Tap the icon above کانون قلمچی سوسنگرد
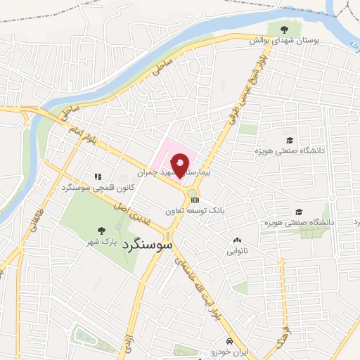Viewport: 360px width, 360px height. (98, 177)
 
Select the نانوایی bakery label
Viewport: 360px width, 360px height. (237, 250)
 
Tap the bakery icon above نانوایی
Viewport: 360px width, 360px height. (237, 240)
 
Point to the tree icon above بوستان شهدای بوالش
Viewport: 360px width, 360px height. (284, 30)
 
